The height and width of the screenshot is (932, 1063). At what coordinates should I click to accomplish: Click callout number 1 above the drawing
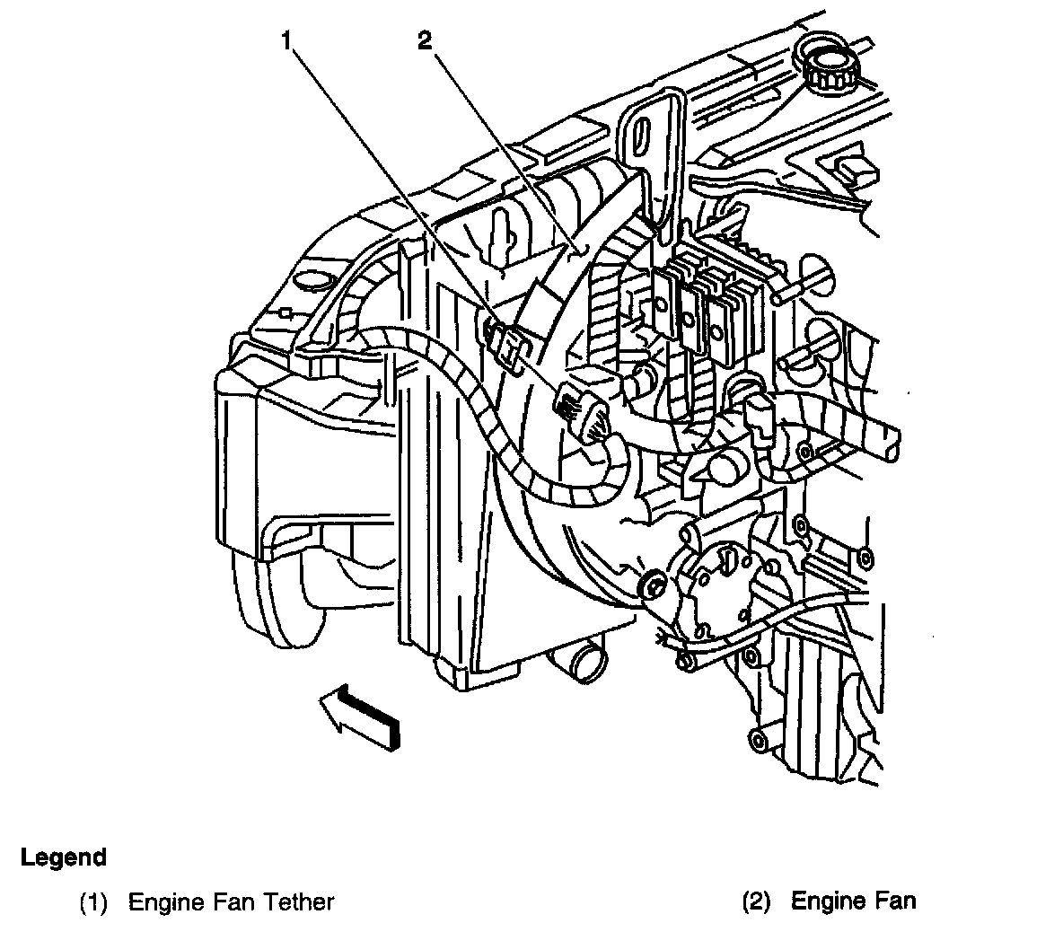coord(286,41)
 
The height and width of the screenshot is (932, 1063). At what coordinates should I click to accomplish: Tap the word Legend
coord(63,857)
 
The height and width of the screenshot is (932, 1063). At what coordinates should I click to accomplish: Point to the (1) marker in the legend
coord(93,902)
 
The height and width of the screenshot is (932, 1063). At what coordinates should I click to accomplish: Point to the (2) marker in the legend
coord(757,902)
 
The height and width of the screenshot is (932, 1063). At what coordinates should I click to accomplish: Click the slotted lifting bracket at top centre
coord(652,153)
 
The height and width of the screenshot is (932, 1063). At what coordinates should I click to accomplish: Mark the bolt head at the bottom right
coord(756,739)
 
